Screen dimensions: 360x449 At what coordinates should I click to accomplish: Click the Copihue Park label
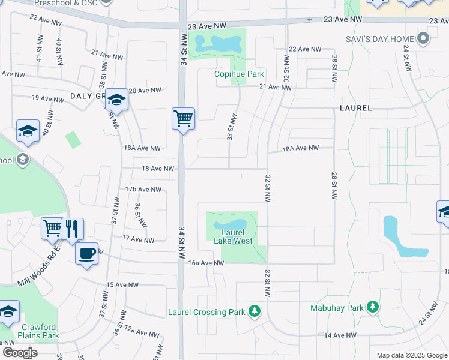coord(240,74)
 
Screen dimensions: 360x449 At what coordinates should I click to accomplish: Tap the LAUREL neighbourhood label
coord(355,108)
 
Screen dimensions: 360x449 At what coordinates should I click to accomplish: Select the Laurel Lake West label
coord(233,236)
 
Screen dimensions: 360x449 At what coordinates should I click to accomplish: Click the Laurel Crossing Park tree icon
coord(255,311)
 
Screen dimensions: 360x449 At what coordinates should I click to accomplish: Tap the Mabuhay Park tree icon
coord(373,307)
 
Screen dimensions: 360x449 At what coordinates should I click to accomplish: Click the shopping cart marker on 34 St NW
coord(183,118)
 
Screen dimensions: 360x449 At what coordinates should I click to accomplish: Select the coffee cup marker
coord(87,253)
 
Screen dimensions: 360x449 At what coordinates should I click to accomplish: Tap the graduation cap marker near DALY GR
coord(116,100)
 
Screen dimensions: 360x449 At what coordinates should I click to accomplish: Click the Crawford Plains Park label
coord(37,331)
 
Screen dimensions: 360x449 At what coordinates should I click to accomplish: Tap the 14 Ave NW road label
coord(340,335)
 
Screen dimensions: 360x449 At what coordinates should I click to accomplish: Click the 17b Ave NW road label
coord(143,190)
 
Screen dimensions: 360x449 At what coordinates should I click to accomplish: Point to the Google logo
coord(20,353)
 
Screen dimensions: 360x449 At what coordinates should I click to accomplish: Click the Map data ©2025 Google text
coord(411,355)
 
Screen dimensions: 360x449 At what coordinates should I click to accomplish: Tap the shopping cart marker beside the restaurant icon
coord(52,228)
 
